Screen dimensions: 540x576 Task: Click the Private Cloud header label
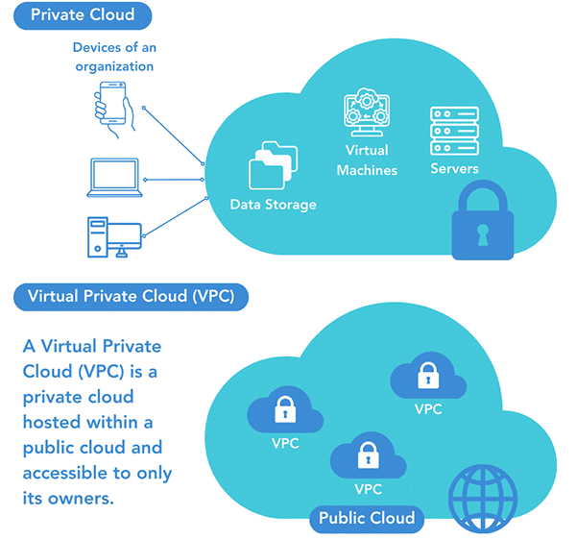84,15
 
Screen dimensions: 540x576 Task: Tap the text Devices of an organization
113,57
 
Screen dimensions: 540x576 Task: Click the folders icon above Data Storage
274,166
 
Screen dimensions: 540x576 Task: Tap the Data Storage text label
274,205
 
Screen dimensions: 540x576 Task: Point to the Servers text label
454,169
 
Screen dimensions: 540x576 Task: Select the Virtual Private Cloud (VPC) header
132,296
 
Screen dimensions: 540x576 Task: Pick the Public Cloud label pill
369,519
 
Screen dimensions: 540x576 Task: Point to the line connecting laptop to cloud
173,179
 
